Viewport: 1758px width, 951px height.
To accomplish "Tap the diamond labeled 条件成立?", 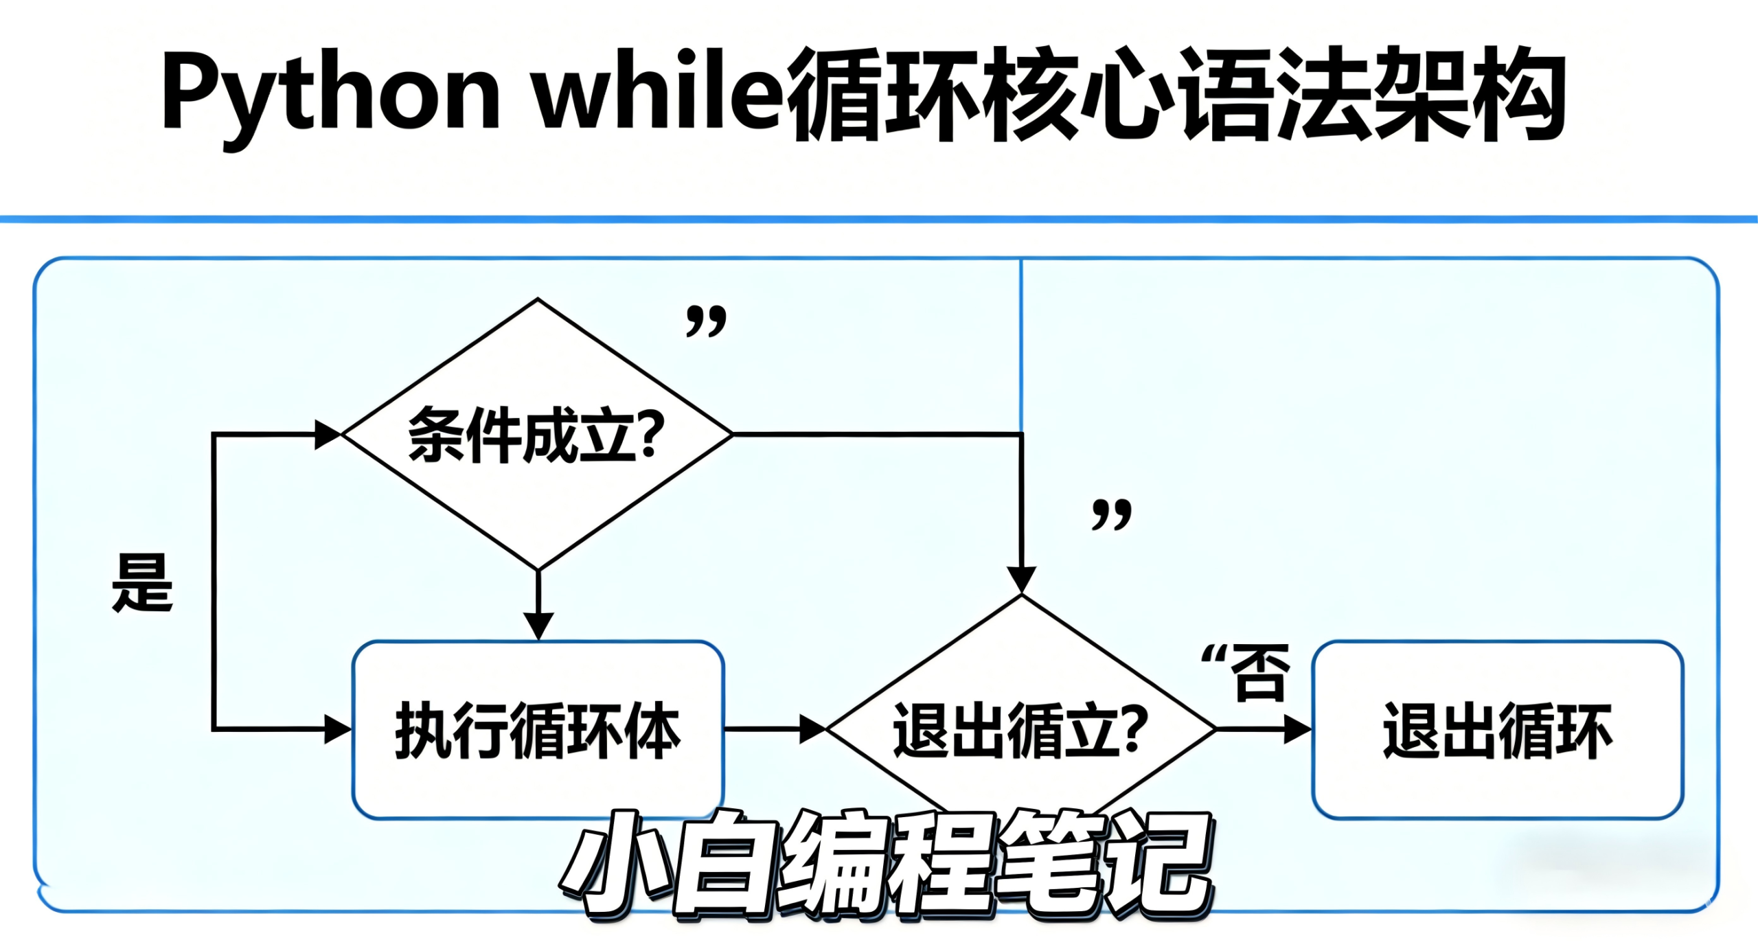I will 537,434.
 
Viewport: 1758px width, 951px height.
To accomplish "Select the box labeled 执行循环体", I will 538,730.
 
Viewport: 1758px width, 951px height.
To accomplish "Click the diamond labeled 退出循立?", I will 1020,730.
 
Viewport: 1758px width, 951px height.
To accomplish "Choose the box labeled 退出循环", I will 1497,730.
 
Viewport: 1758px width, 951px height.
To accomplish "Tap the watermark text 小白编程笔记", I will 886,864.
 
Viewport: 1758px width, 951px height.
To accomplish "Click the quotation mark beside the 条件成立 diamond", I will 706,321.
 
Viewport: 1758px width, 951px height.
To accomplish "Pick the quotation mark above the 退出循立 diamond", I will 1111,514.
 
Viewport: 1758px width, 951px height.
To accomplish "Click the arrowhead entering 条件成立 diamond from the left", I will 328,435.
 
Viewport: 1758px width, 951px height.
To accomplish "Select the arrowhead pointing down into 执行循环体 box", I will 538,626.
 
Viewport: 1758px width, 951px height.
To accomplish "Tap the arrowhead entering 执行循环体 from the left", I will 338,729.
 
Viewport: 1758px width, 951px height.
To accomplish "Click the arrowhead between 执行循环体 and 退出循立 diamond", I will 813,729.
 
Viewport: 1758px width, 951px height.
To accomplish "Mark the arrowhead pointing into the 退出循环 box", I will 1297,729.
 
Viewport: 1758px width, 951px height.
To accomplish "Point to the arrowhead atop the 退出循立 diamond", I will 1021,579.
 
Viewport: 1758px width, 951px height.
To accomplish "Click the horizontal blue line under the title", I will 879,219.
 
